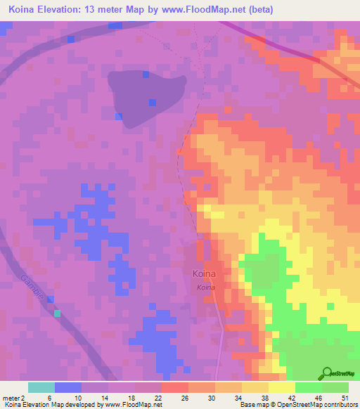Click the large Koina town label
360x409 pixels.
pyautogui.click(x=204, y=274)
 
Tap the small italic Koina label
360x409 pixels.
pyautogui.click(x=205, y=288)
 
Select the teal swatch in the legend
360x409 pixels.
pyautogui.click(x=41, y=387)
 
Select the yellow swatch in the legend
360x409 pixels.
pyautogui.click(x=281, y=387)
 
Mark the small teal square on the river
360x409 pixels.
pyautogui.click(x=58, y=313)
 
